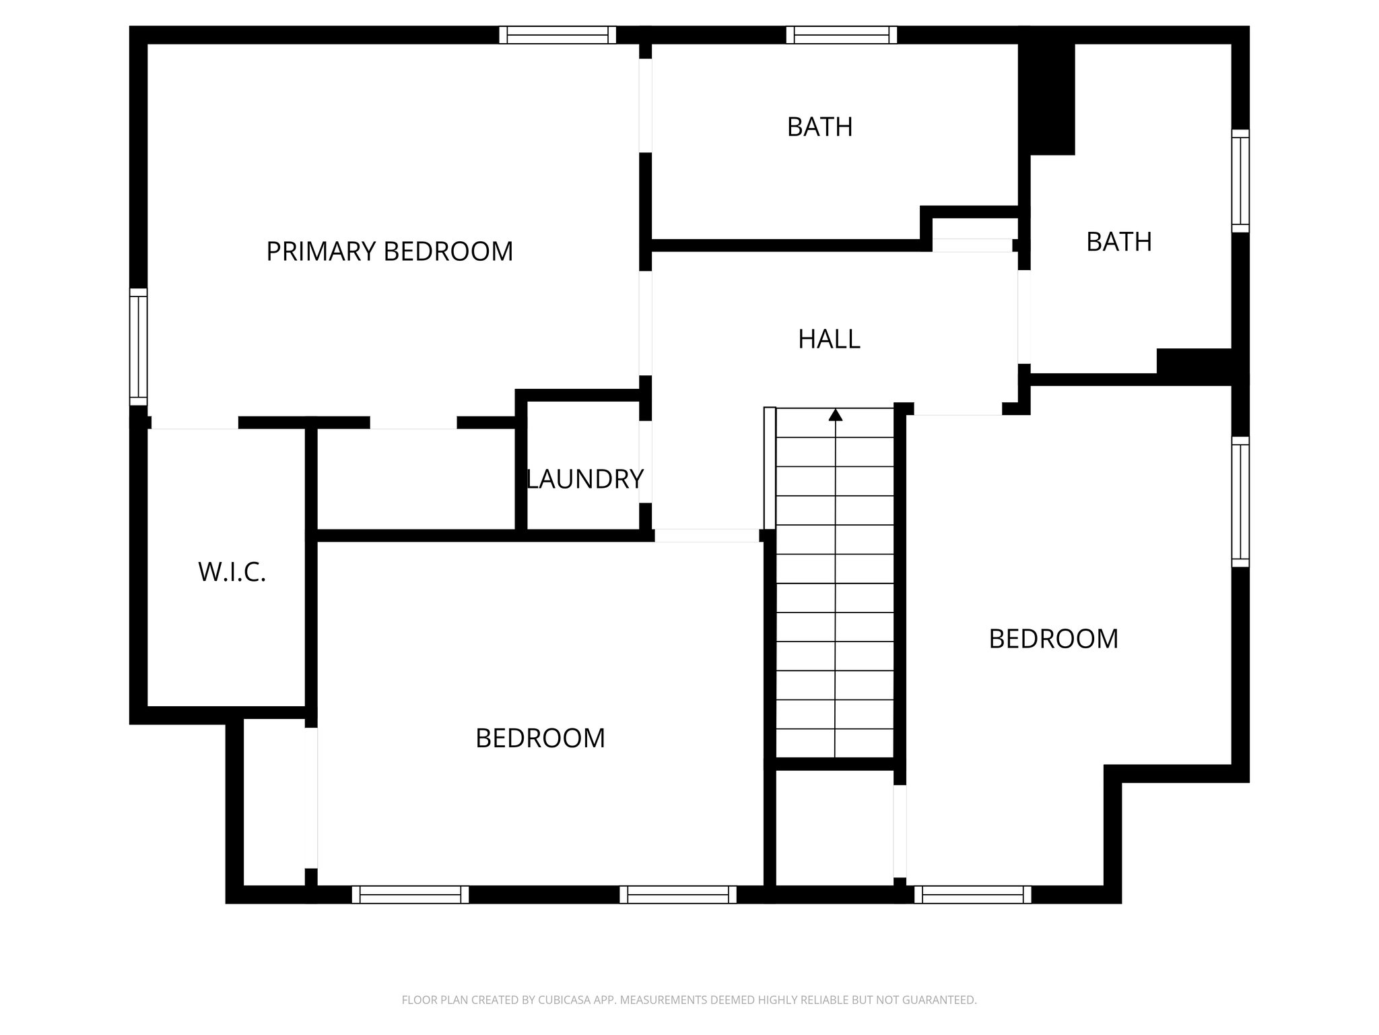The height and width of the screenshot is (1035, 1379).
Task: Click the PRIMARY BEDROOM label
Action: [389, 251]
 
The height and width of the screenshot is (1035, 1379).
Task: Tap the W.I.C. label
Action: [232, 572]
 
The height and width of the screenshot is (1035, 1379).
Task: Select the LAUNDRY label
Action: [584, 479]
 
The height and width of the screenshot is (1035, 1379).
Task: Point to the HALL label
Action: [829, 339]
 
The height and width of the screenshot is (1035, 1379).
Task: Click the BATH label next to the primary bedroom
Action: [819, 127]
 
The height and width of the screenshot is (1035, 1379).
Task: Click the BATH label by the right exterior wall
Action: [1118, 242]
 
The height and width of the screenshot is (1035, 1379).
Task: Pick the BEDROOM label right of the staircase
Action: [1053, 639]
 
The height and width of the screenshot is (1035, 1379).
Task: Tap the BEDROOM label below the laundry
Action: [540, 739]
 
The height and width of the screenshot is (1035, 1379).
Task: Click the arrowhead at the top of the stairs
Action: [836, 414]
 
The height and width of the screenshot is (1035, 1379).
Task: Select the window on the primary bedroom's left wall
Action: [138, 347]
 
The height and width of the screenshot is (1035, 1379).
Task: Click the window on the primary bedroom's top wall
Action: [558, 35]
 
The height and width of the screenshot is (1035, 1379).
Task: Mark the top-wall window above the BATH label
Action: [842, 35]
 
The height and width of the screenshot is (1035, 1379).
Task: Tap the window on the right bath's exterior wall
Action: [1240, 181]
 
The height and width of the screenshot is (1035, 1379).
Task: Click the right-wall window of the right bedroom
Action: [1240, 501]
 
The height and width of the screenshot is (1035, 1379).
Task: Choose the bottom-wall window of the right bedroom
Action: [972, 894]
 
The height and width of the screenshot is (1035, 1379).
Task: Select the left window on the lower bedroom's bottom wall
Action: [410, 894]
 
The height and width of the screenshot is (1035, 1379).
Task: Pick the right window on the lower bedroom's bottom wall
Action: [677, 894]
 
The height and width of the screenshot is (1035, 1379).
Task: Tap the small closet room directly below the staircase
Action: [834, 827]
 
